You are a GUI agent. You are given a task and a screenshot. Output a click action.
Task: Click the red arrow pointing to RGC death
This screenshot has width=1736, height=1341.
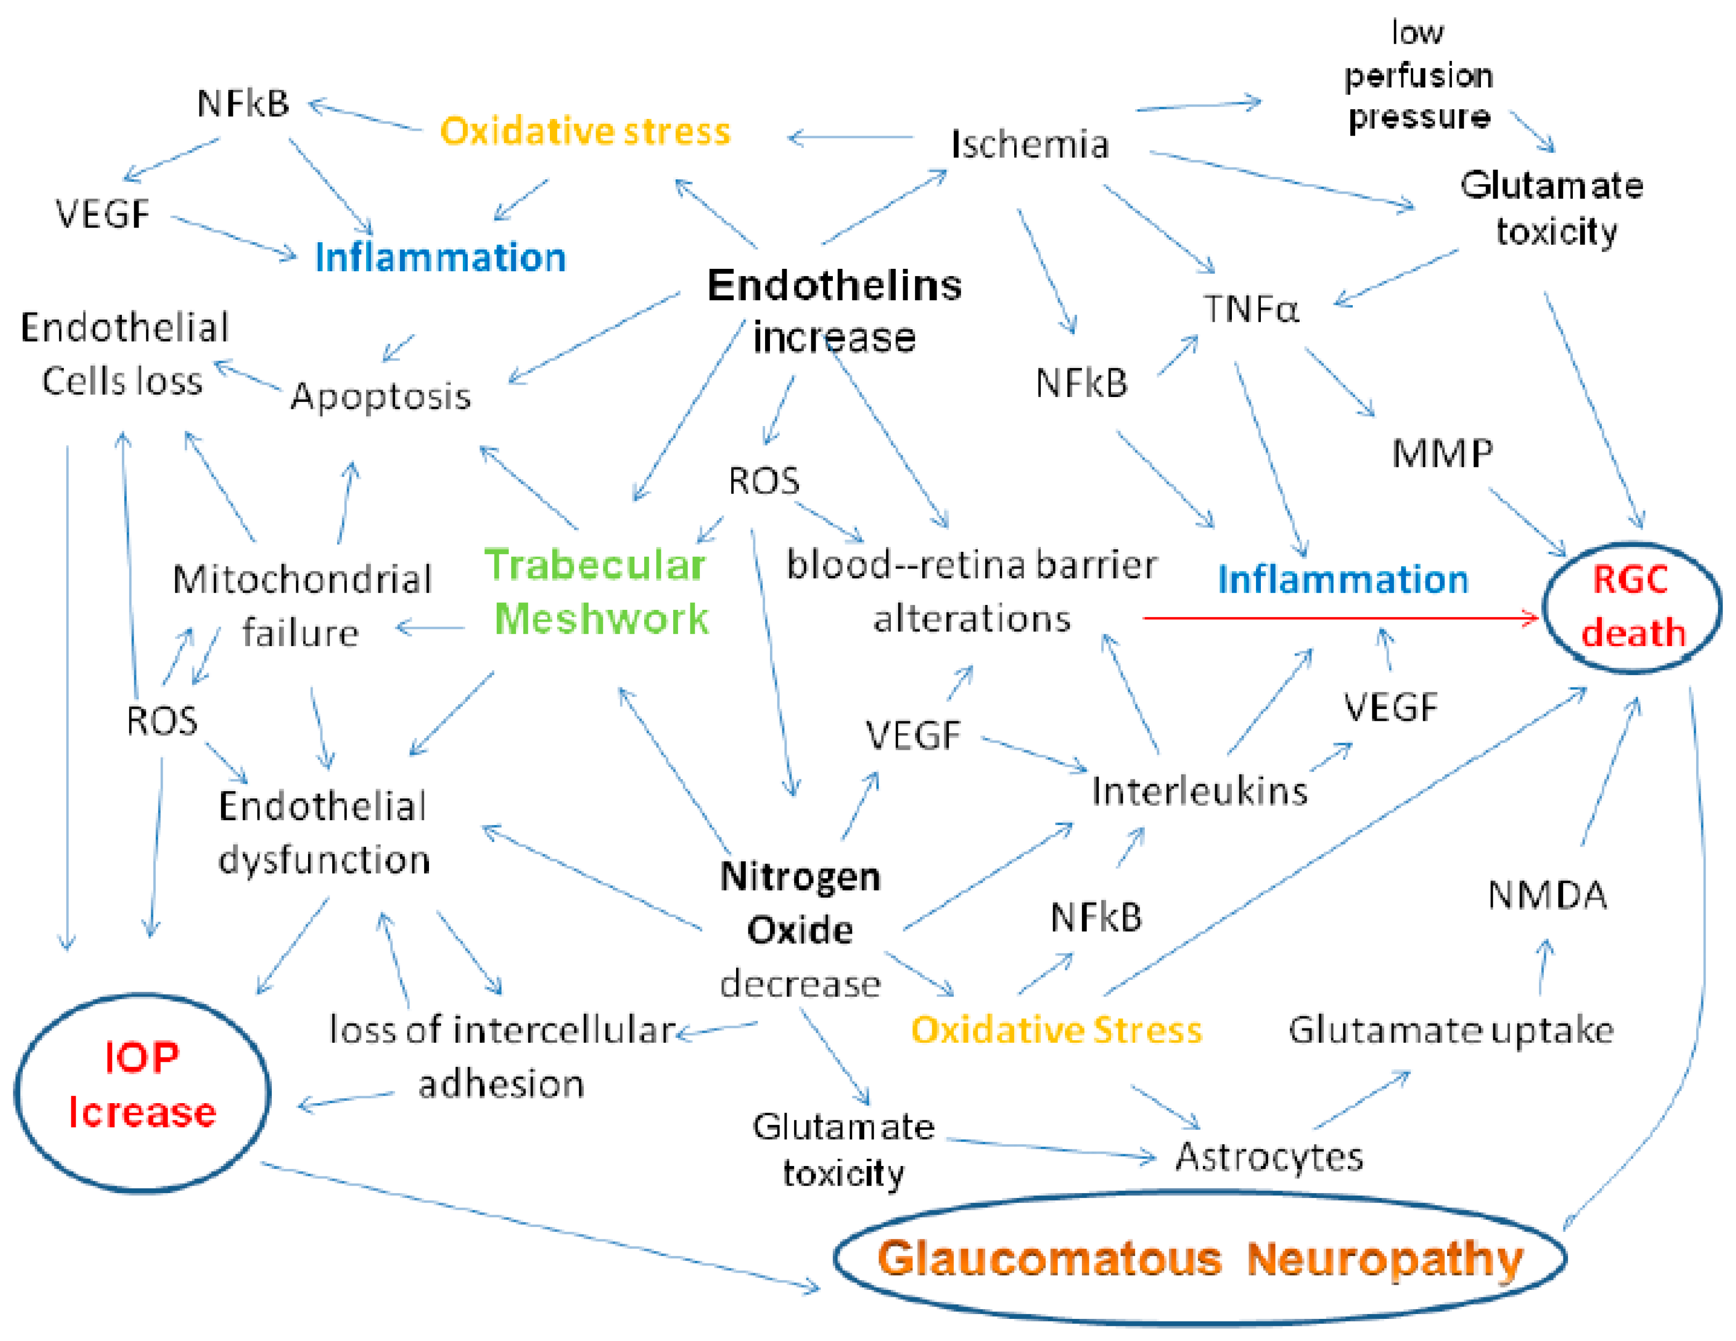point(1339,618)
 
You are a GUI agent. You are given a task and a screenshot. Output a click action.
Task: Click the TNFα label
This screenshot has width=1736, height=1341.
point(1251,309)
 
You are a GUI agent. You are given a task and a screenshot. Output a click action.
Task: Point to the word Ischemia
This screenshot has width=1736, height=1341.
point(1029,144)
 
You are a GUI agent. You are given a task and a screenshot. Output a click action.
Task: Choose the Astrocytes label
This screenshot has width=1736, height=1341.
point(1269,1157)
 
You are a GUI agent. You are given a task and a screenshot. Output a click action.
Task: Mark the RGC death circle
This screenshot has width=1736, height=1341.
point(1632,606)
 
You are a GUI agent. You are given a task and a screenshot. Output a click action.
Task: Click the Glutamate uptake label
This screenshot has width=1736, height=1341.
point(1451,1030)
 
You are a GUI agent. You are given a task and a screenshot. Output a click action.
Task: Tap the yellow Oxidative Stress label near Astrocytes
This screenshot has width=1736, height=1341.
point(1055,1030)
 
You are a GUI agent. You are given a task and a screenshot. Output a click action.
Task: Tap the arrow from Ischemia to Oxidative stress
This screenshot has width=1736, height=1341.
point(851,138)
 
